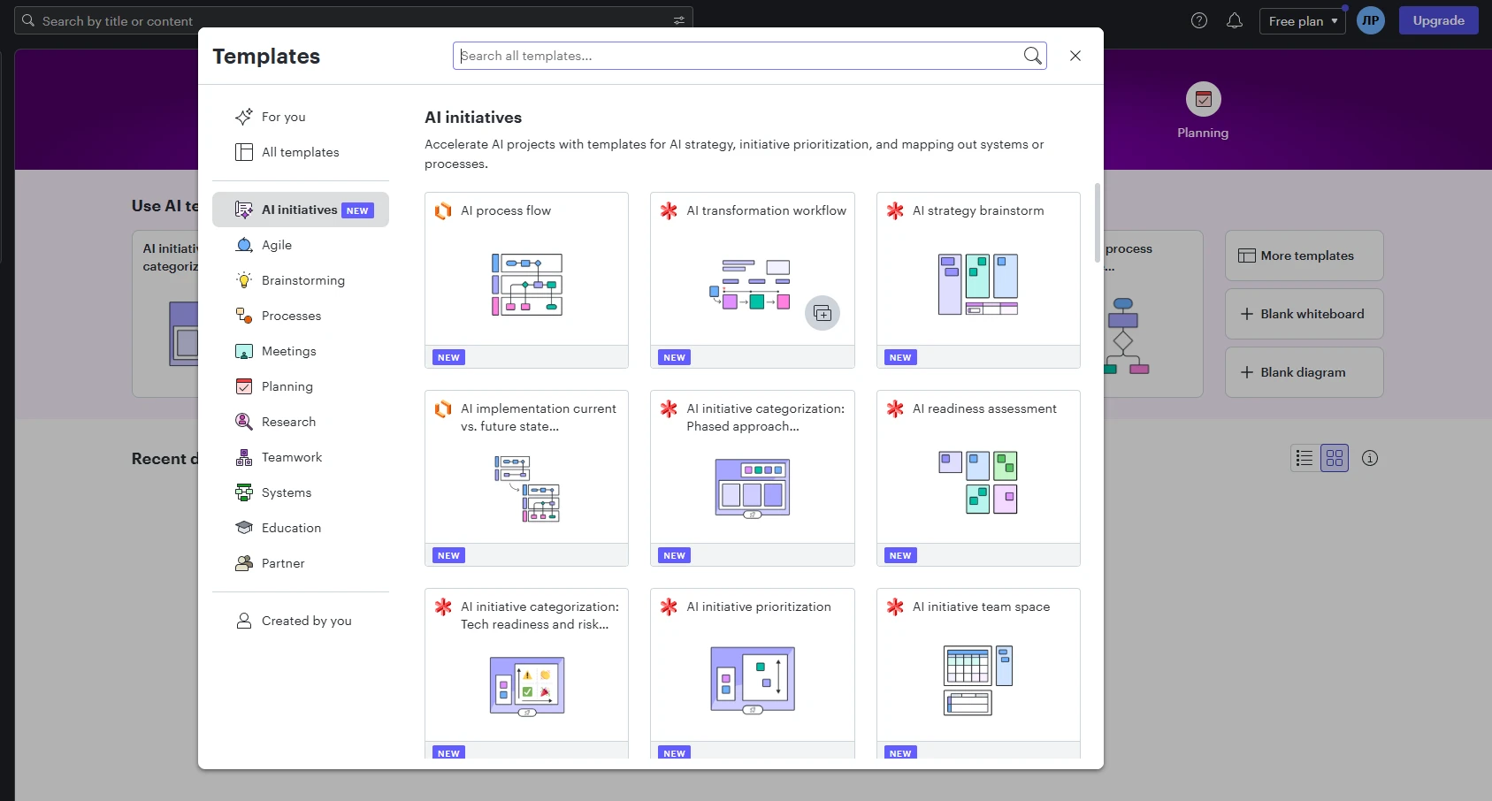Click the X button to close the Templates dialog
click(x=1075, y=56)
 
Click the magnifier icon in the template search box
click(x=1032, y=56)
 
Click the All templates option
click(x=301, y=152)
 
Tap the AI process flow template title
click(x=506, y=210)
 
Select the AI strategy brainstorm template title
click(x=978, y=210)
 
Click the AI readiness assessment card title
click(x=984, y=408)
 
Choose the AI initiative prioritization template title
click(x=759, y=606)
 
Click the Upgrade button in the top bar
click(x=1438, y=20)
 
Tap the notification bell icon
click(x=1235, y=20)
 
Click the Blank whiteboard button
click(x=1304, y=314)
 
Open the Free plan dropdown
click(x=1302, y=20)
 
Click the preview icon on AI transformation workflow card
click(x=822, y=313)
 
